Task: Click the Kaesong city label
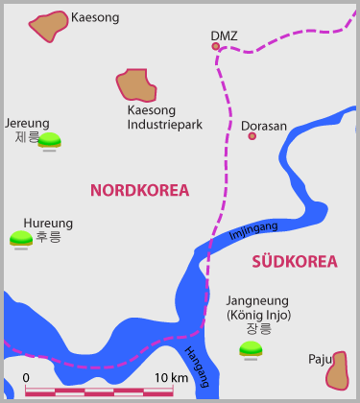click(x=96, y=17)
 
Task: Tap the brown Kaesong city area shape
click(x=48, y=27)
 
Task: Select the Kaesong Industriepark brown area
click(x=136, y=87)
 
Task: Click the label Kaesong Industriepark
click(x=164, y=118)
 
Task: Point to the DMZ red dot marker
click(x=216, y=46)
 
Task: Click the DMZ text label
click(x=224, y=36)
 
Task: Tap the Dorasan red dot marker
click(x=252, y=136)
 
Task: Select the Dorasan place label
click(x=264, y=126)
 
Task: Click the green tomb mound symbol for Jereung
click(x=50, y=140)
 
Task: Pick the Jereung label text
click(x=27, y=124)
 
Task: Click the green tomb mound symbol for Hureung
click(x=21, y=238)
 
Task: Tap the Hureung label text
click(x=48, y=224)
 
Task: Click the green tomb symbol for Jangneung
click(x=251, y=349)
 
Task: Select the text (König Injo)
click(x=258, y=315)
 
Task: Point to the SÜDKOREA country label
click(x=295, y=261)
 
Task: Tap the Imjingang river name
click(x=253, y=230)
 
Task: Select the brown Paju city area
click(x=337, y=370)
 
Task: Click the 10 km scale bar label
click(x=171, y=377)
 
